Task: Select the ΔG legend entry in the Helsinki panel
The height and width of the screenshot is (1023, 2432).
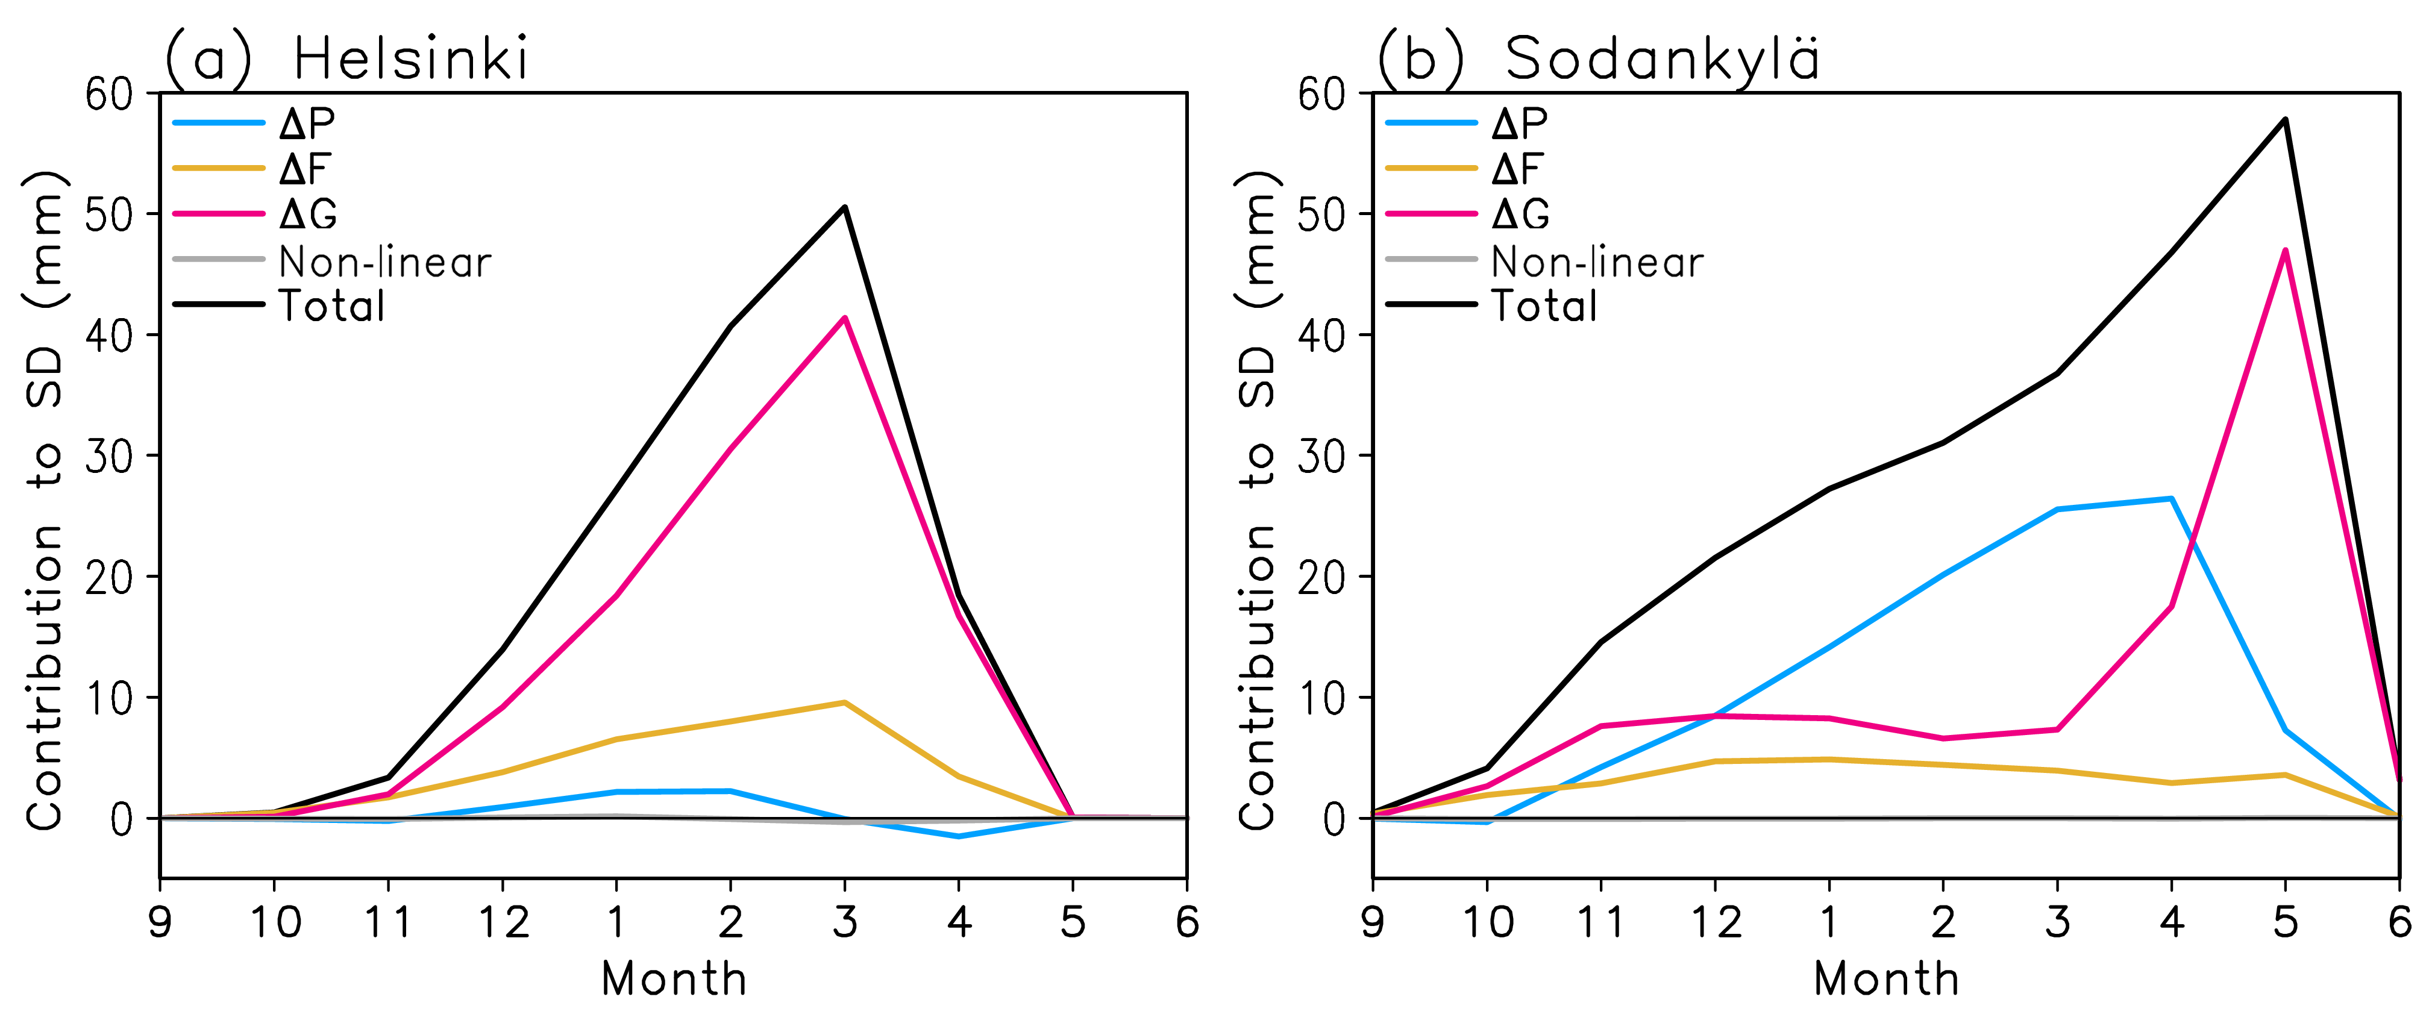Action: pos(308,214)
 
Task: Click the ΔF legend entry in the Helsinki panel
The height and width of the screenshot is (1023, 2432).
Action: pos(304,169)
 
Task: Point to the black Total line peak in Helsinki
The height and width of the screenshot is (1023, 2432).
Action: pos(844,207)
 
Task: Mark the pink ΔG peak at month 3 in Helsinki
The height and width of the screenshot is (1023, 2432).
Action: pos(844,318)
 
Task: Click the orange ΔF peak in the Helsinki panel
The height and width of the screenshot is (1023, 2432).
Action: pos(844,702)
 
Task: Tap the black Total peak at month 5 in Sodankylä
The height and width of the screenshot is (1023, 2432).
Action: pos(2285,119)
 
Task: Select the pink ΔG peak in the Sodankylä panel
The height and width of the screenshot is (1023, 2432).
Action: pos(2285,250)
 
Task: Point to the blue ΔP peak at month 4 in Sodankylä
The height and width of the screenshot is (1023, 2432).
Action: pos(2172,498)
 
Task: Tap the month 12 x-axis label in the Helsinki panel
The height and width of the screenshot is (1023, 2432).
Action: pos(503,922)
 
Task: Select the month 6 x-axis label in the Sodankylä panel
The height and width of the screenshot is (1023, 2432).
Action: pos(2399,922)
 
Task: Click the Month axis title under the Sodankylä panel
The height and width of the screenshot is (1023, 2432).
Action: pos(1885,978)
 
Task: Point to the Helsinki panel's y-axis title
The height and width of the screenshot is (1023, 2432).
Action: pos(45,500)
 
